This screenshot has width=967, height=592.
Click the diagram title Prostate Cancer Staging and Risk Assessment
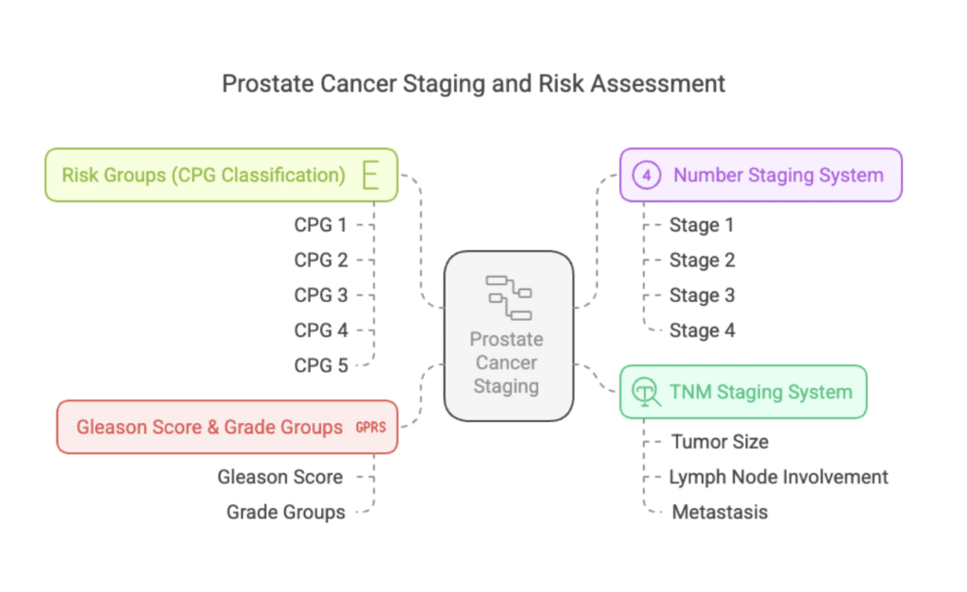[473, 84]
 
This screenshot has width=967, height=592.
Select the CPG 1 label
[320, 225]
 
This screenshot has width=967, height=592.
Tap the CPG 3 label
[321, 296]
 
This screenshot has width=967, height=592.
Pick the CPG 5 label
[321, 365]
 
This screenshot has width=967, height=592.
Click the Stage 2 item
[702, 261]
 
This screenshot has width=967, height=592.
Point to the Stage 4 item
[702, 330]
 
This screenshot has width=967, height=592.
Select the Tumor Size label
[720, 442]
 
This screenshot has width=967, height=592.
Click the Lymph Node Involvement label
[778, 478]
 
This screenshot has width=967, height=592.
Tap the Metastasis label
[720, 512]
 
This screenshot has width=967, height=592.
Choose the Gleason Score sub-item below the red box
[280, 477]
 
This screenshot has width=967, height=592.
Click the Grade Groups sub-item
[285, 513]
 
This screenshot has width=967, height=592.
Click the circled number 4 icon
[646, 175]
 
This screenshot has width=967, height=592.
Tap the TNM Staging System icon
[646, 392]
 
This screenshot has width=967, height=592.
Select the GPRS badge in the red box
[370, 428]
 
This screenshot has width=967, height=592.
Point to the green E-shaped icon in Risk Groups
[370, 175]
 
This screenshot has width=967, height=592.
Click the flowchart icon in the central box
[509, 297]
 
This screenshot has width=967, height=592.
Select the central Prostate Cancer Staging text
[506, 363]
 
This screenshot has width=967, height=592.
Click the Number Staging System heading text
[778, 175]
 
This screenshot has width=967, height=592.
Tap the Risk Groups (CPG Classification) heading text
[204, 175]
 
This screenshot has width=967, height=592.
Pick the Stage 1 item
[702, 225]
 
